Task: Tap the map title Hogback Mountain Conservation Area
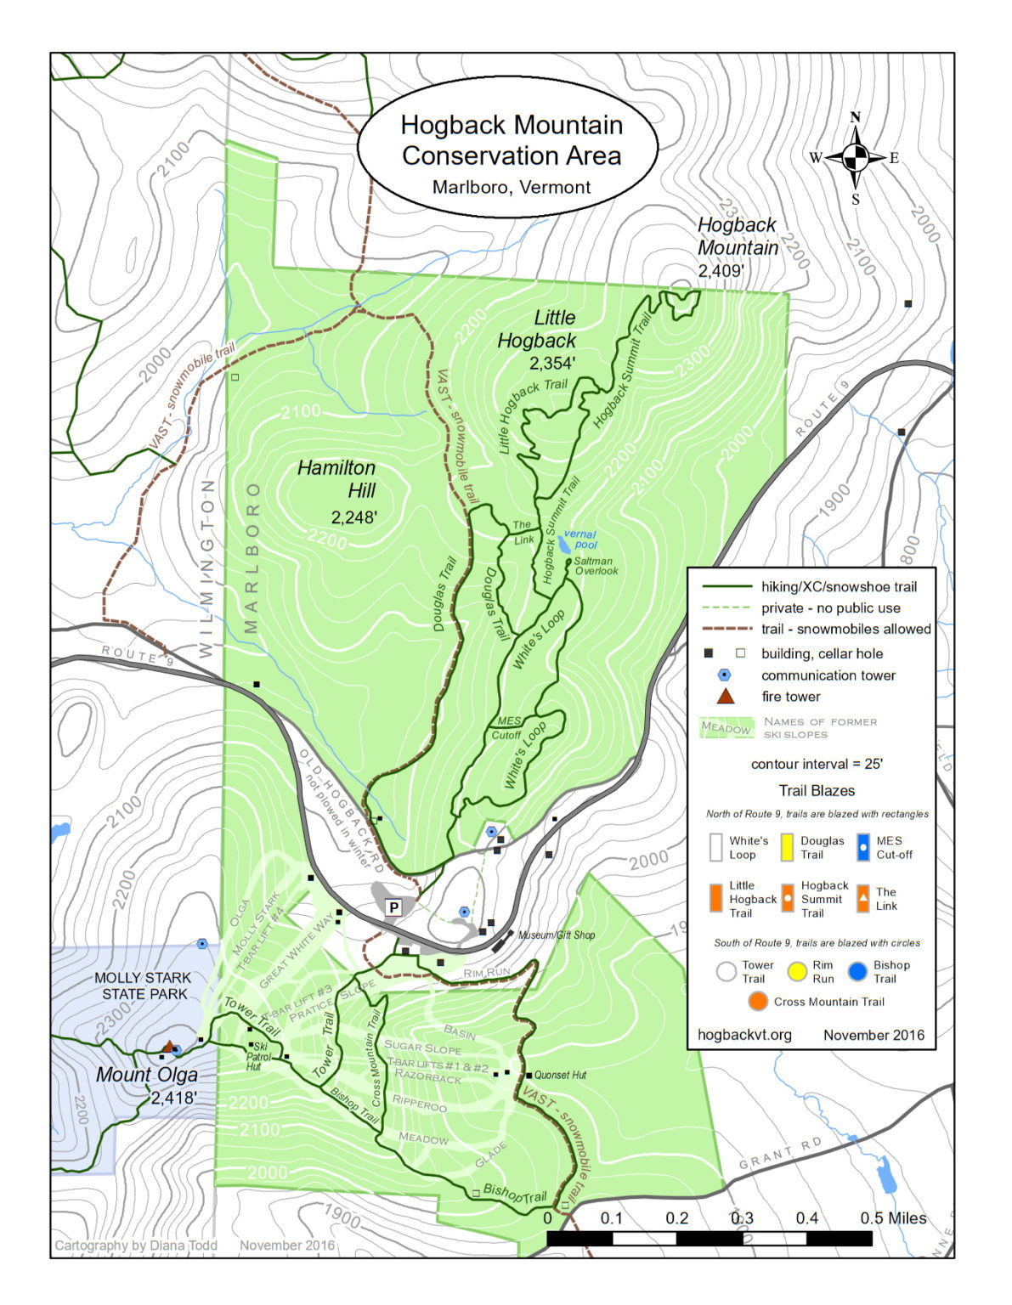click(512, 141)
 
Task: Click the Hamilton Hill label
click(337, 479)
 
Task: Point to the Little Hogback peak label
click(537, 330)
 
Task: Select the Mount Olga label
click(146, 1075)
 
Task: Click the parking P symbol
click(393, 907)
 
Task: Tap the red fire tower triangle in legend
click(724, 697)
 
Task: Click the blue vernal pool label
click(582, 540)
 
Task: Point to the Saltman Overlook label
click(595, 566)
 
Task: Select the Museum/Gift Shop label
click(557, 935)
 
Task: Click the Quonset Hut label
click(560, 1075)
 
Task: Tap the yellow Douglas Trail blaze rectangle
click(787, 847)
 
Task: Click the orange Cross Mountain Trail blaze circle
click(758, 1002)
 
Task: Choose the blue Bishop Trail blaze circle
click(857, 971)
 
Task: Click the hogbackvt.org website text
click(744, 1035)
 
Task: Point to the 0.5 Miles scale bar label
click(892, 1217)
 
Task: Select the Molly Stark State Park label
click(143, 986)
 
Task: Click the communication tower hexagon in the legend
click(724, 675)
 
